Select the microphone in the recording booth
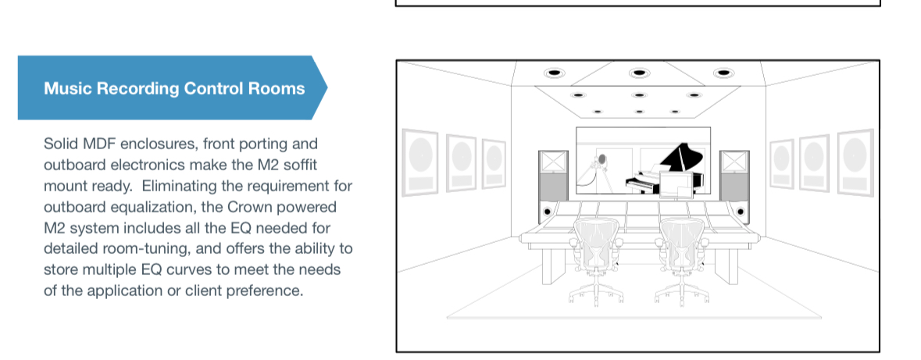click(601, 160)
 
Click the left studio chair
click(595, 261)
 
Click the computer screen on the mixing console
click(673, 184)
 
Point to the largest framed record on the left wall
click(420, 162)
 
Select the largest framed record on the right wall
click(855, 162)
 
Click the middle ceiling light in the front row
click(639, 73)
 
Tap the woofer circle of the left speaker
click(548, 212)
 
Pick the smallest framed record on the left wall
click(494, 164)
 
